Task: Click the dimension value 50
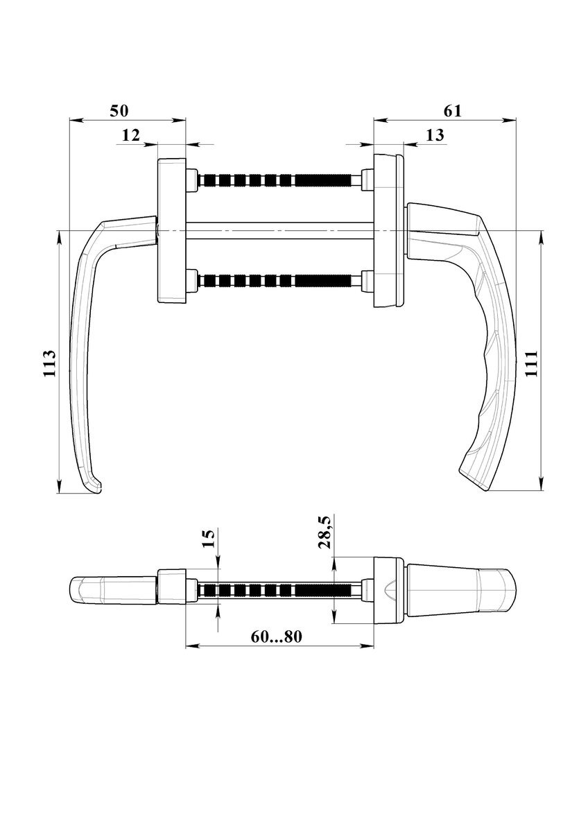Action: [119, 111]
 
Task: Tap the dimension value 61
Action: [452, 111]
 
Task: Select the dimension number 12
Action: [131, 135]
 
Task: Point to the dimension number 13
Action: [435, 135]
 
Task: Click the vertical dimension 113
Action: [49, 363]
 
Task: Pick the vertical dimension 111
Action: [531, 363]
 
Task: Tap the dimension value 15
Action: [208, 539]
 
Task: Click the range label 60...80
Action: [277, 637]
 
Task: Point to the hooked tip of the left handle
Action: [97, 489]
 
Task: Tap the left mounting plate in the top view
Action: [171, 232]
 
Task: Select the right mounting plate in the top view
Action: [389, 230]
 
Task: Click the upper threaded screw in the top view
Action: [275, 180]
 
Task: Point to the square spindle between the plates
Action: [279, 231]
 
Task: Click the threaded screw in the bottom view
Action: [275, 590]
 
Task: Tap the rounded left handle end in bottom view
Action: [86, 590]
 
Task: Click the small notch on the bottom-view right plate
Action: [388, 591]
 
